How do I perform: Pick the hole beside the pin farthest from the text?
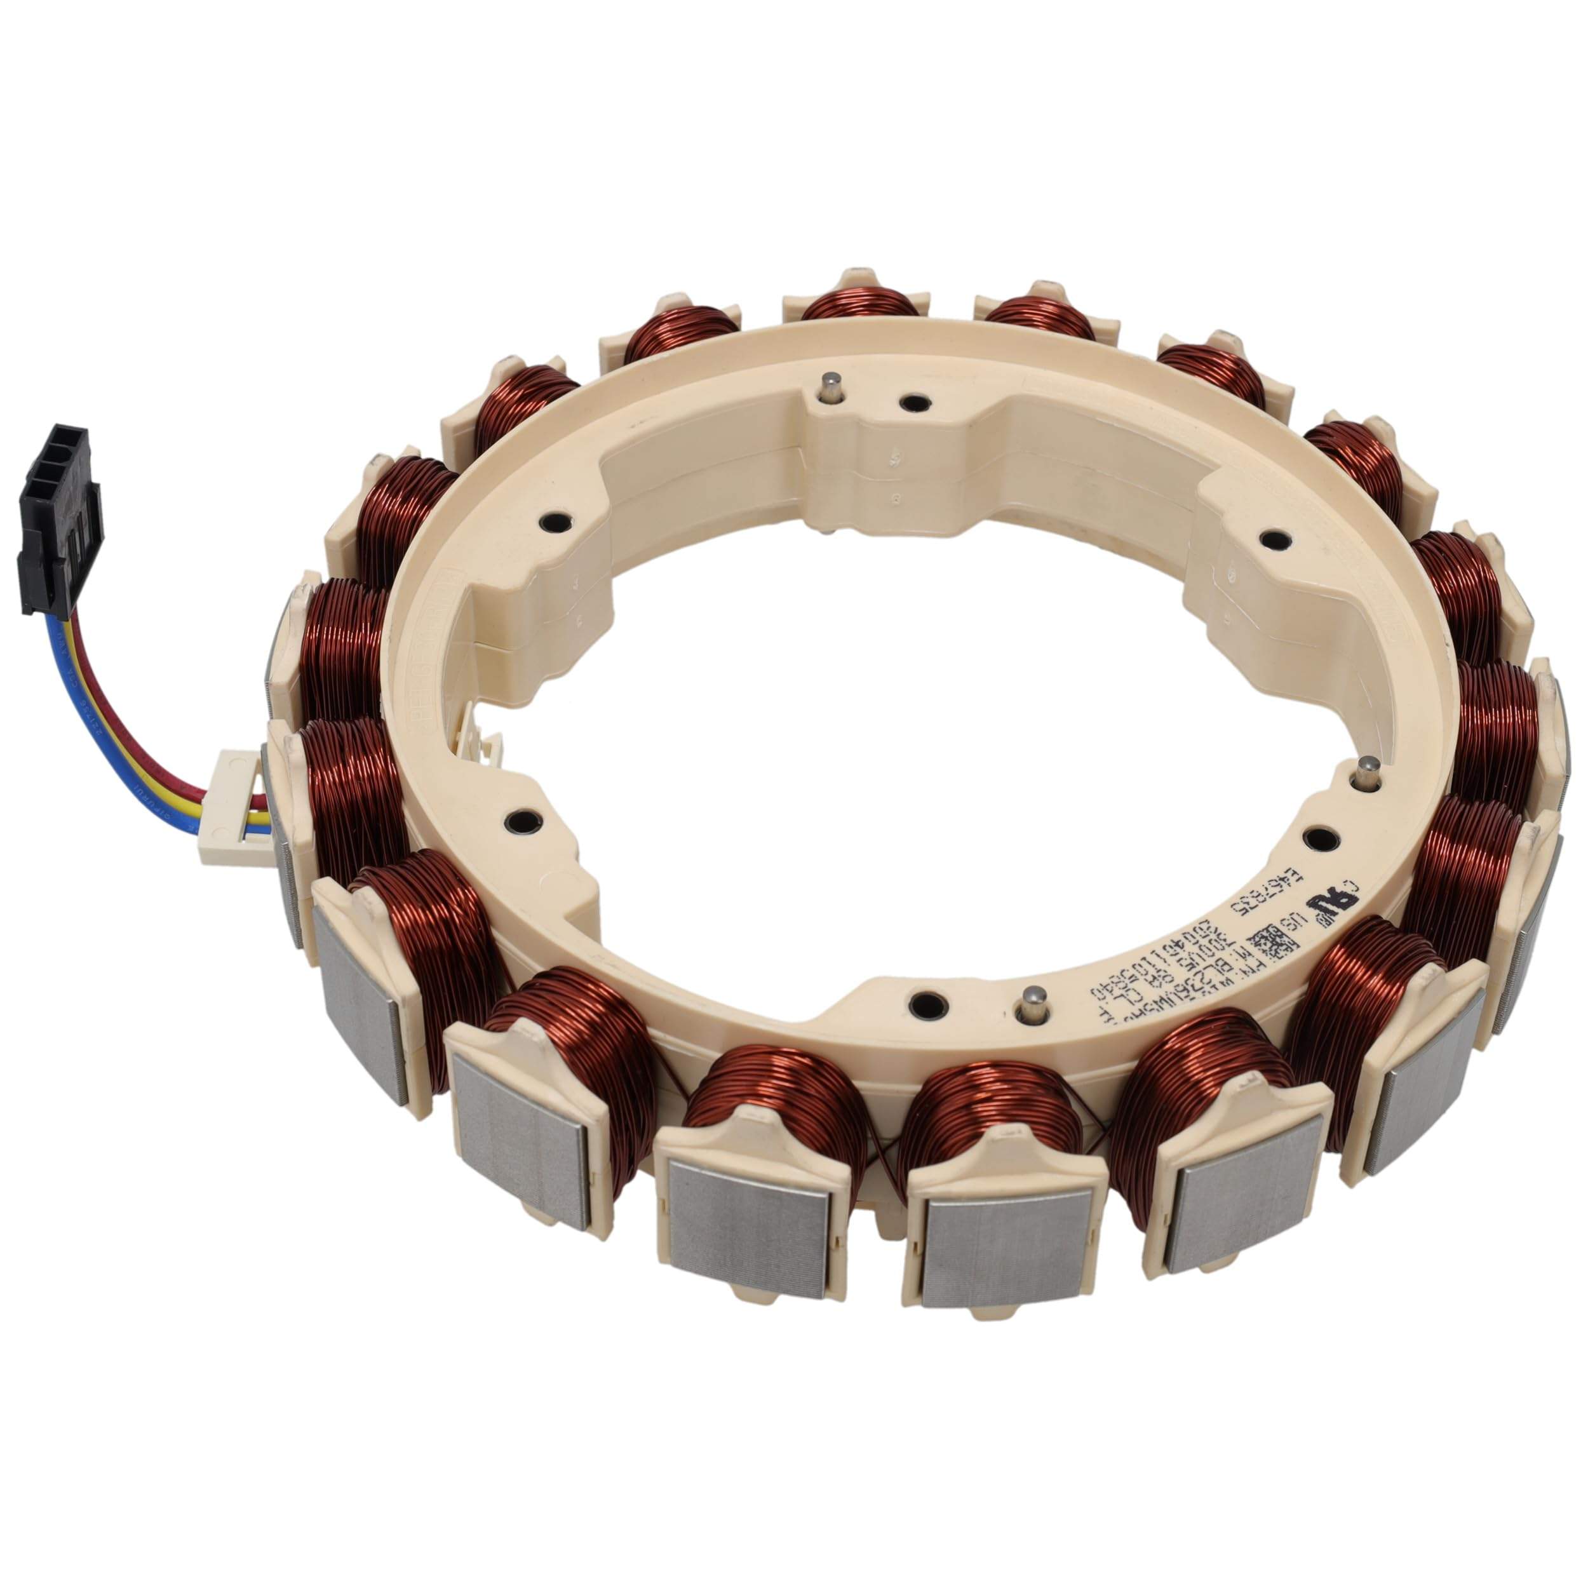click(x=910, y=403)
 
